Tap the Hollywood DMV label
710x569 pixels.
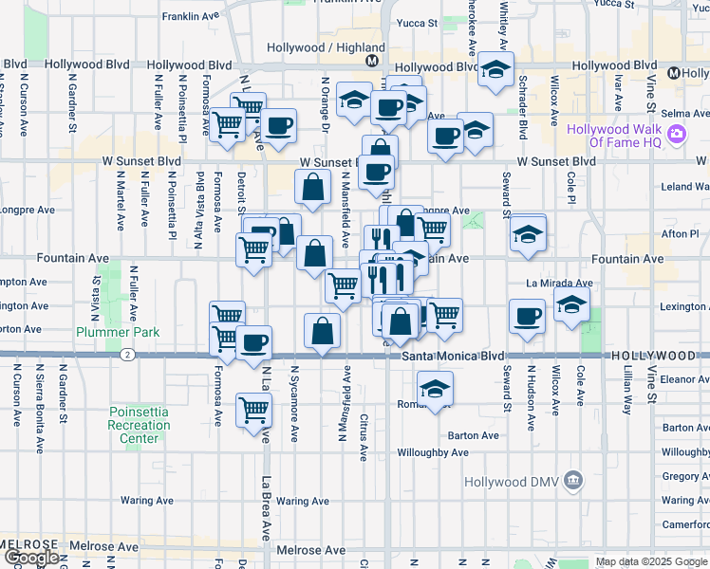[x=514, y=482]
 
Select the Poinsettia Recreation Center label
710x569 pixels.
[x=139, y=425]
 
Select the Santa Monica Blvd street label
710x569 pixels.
[x=452, y=356]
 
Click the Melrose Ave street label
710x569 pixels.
[x=310, y=550]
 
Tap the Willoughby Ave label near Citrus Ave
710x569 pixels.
[x=433, y=452]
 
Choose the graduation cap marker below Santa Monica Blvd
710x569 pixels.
[x=435, y=388]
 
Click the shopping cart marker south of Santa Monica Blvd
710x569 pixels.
[x=254, y=411]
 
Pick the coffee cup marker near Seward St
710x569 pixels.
[x=526, y=317]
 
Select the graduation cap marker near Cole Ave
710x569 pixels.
[x=571, y=305]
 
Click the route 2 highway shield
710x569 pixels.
[x=126, y=355]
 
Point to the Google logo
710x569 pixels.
[x=30, y=558]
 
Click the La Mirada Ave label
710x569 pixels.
[x=560, y=283]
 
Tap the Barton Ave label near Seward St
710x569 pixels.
[x=476, y=435]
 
